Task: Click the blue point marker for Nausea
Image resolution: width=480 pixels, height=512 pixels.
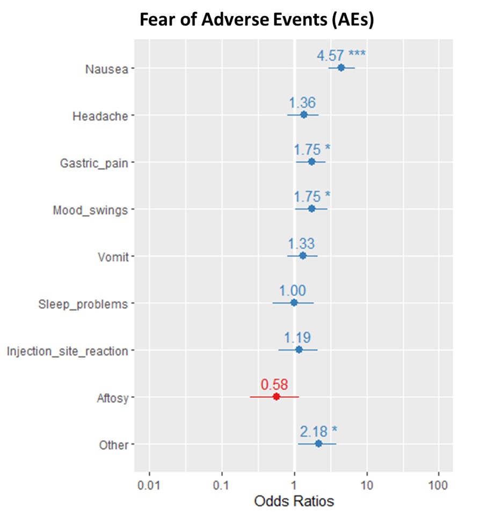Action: (340, 68)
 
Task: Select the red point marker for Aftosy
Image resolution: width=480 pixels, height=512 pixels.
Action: (277, 397)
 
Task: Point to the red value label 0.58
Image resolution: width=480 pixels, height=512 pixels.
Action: (274, 384)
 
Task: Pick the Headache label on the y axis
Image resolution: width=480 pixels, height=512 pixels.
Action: (100, 116)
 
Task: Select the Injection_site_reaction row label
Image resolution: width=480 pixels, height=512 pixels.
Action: (67, 351)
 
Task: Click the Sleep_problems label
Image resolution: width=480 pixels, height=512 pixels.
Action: (83, 305)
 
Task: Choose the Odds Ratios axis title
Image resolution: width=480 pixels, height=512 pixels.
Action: (294, 501)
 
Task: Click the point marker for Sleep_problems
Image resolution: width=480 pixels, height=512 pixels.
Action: (294, 303)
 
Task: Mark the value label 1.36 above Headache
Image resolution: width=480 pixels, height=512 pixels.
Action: (302, 102)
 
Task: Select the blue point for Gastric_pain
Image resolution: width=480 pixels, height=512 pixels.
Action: (311, 162)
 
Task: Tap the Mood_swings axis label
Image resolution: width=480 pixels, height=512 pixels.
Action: (90, 210)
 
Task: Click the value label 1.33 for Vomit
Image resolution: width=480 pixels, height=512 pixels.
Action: (301, 243)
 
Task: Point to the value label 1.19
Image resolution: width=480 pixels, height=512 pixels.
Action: (297, 338)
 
